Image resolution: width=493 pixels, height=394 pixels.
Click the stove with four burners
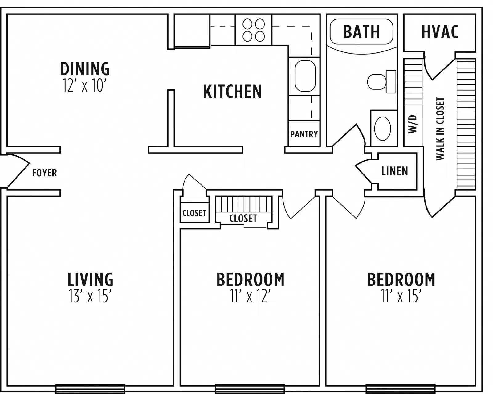tap(254, 30)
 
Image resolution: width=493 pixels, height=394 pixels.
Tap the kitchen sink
tap(305, 76)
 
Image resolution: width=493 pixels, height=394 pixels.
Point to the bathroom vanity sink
tap(383, 128)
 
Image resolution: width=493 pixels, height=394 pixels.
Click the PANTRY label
tap(304, 134)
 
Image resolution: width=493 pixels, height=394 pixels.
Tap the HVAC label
tap(440, 31)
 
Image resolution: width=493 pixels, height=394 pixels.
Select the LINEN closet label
tap(394, 171)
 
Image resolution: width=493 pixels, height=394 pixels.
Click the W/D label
tap(413, 124)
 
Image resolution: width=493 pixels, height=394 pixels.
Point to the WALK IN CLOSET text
tap(440, 129)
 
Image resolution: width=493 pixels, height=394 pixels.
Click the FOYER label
tap(44, 173)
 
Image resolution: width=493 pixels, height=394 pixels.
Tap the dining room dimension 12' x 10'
tap(85, 85)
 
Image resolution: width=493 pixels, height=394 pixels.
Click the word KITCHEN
tap(232, 92)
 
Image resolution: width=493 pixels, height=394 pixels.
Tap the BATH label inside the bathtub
tap(361, 31)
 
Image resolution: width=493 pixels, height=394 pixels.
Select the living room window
tap(90, 389)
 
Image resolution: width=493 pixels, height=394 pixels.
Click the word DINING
tap(85, 68)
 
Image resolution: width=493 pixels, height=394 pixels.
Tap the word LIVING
tap(90, 279)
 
